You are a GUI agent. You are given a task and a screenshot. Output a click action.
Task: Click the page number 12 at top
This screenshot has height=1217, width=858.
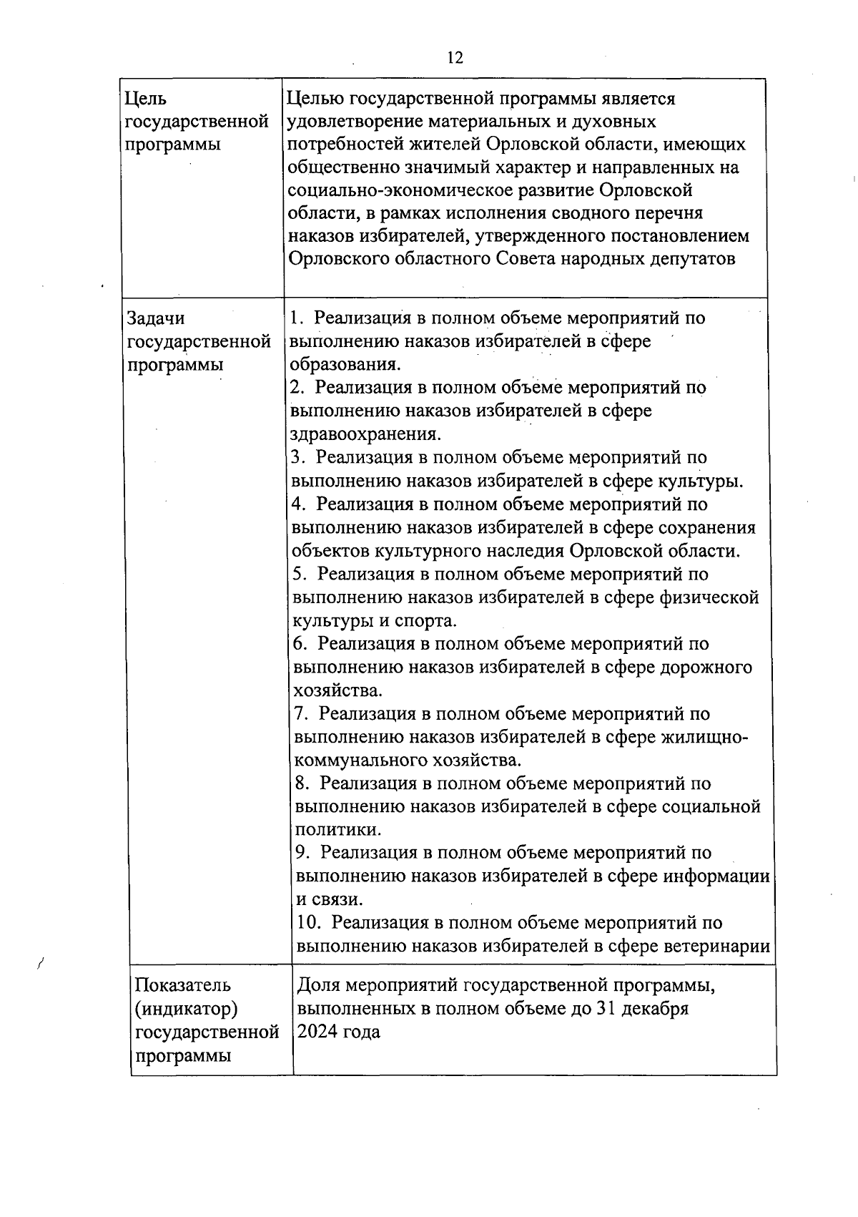pos(455,58)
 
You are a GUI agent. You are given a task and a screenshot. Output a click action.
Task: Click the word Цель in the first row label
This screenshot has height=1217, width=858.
pos(146,99)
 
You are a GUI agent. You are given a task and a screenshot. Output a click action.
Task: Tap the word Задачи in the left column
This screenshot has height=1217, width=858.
pos(156,318)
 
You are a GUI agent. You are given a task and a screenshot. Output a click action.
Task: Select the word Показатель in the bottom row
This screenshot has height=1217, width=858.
pos(183,984)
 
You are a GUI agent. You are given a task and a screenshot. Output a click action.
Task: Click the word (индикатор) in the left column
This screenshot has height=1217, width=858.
pos(185,1008)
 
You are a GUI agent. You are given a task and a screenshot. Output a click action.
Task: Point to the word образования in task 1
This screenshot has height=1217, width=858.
pos(343,364)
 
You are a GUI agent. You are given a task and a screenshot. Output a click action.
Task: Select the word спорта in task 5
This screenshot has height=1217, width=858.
pos(425,620)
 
